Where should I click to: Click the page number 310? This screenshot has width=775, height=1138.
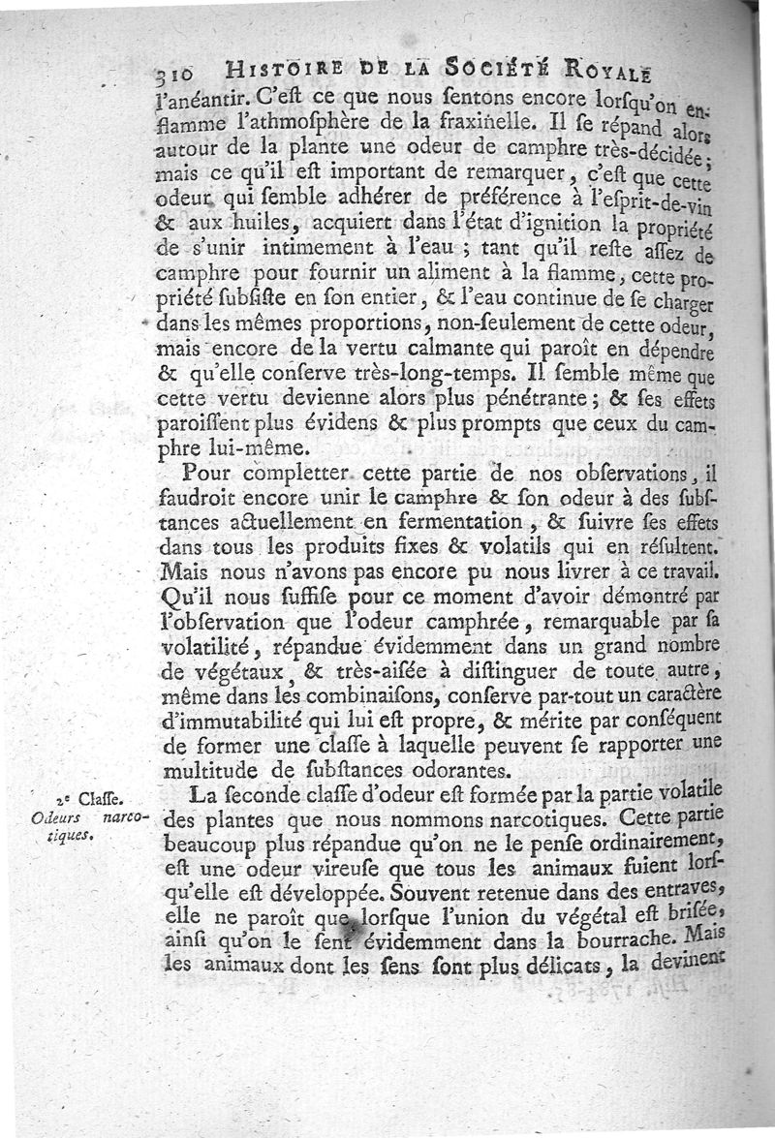[175, 75]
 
